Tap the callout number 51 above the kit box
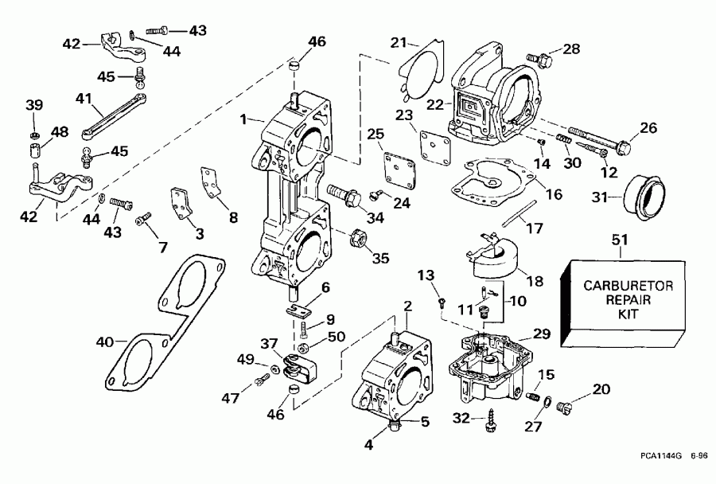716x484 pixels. pyautogui.click(x=619, y=240)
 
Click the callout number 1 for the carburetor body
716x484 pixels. pyautogui.click(x=243, y=120)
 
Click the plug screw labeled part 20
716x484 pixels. pyautogui.click(x=566, y=408)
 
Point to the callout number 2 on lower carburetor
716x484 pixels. pyautogui.click(x=407, y=306)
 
